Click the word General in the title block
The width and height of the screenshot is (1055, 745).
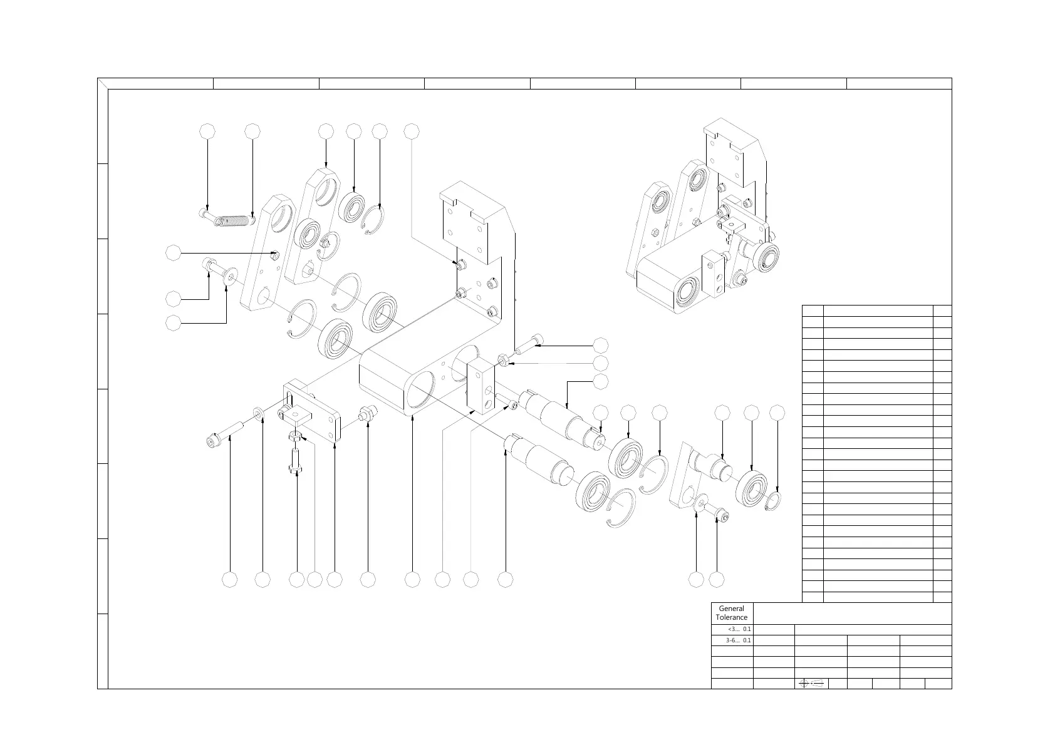(731, 609)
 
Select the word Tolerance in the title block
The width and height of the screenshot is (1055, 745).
(732, 617)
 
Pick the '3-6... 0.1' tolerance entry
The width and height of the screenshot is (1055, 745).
(738, 640)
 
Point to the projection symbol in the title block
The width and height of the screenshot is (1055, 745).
(811, 683)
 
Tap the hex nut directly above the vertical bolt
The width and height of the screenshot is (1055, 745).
(296, 435)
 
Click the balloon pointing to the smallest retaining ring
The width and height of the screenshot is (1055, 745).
(777, 412)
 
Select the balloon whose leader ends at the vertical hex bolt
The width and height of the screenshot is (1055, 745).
(296, 580)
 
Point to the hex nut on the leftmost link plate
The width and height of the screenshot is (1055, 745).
(275, 255)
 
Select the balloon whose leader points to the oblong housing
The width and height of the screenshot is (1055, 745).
(412, 580)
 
